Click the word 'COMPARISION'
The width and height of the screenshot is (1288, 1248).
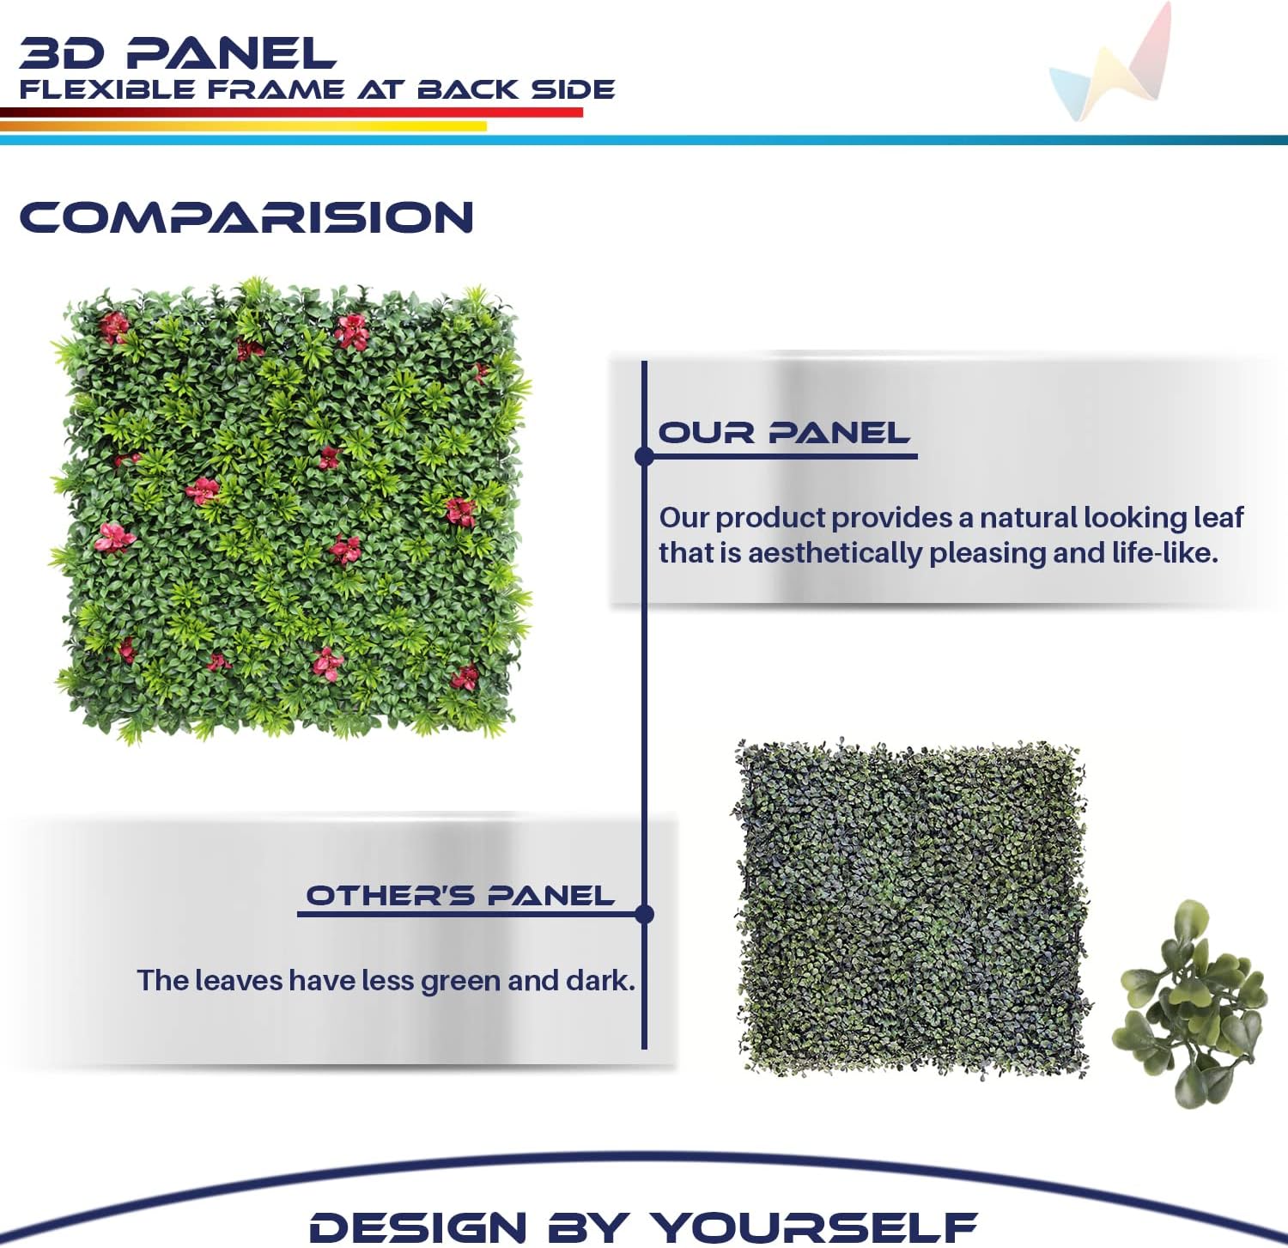[x=246, y=217]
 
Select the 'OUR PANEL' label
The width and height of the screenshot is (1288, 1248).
[x=783, y=433]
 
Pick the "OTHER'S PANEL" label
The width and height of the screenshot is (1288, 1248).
[x=460, y=896]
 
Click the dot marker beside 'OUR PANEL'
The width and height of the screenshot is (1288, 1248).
[x=645, y=456]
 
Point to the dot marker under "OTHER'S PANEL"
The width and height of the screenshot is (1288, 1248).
[x=645, y=914]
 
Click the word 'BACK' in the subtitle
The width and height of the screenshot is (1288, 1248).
[x=468, y=89]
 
